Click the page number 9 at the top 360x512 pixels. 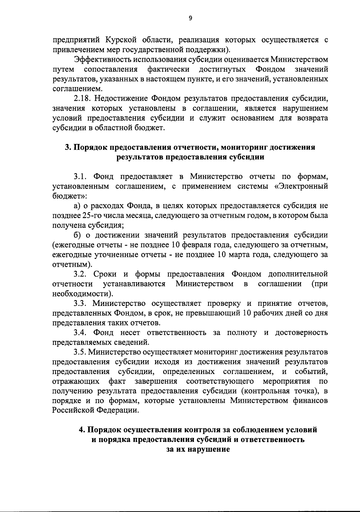[x=190, y=18]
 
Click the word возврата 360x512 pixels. [x=312, y=118]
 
